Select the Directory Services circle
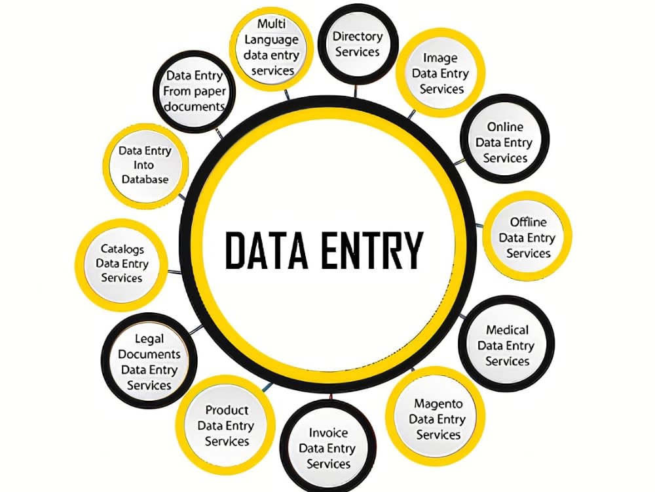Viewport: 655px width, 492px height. pos(358,44)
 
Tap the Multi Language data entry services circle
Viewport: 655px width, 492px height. pos(272,47)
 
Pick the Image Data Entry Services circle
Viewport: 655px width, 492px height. pos(440,73)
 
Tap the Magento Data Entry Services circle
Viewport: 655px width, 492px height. pos(436,419)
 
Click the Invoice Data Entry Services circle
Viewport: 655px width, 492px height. pos(327,447)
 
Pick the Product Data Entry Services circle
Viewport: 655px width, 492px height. pos(226,424)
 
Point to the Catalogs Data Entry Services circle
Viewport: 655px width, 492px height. pos(122,264)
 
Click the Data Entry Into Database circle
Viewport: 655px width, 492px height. pos(145,165)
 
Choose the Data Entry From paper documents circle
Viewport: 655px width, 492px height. pos(195,91)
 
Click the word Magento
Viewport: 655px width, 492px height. pos(438,404)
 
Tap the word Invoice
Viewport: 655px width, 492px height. pos(328,432)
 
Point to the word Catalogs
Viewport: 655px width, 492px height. pos(122,249)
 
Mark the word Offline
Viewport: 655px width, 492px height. pos(528,222)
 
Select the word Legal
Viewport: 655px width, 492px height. pos(149,339)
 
